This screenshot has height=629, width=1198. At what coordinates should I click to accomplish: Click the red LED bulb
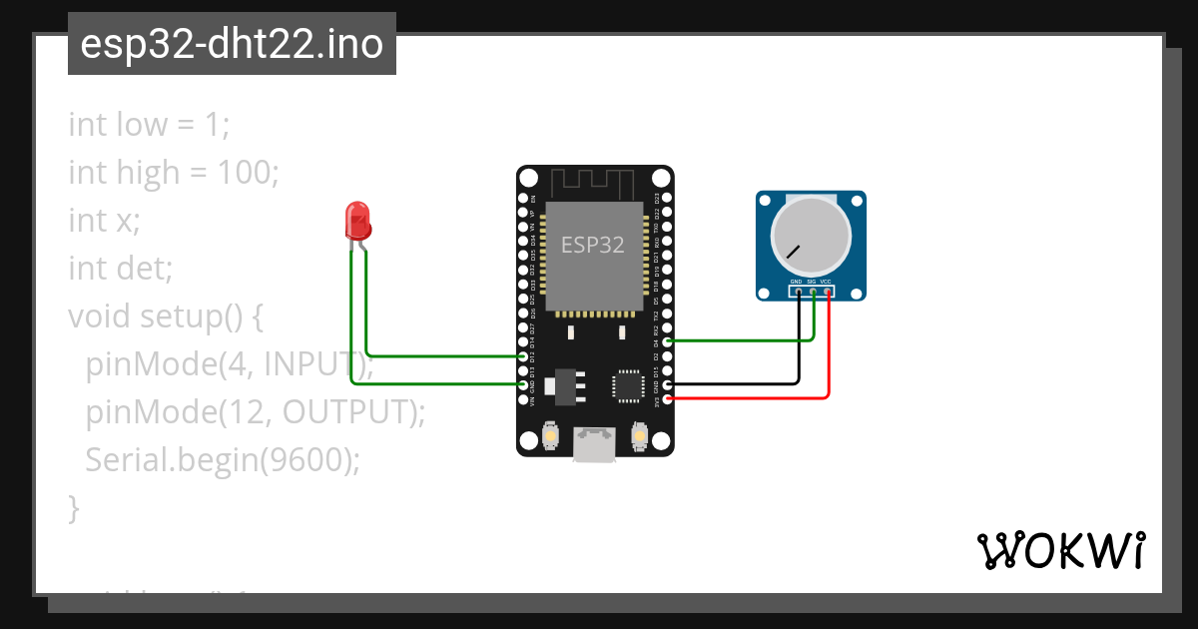click(x=357, y=220)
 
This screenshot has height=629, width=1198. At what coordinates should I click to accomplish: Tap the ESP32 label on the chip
click(x=593, y=245)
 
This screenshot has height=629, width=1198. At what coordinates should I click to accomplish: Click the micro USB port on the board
click(x=595, y=444)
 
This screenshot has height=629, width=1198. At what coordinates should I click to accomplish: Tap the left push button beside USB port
click(x=550, y=436)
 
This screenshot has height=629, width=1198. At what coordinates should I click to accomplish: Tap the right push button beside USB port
click(x=640, y=436)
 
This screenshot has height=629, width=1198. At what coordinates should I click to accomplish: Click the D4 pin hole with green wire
click(x=667, y=341)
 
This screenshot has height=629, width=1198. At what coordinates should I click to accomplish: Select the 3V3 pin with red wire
click(x=667, y=398)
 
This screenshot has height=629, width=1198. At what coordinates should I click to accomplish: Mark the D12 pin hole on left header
click(x=524, y=355)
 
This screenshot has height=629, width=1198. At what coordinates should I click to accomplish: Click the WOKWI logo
click(x=1060, y=550)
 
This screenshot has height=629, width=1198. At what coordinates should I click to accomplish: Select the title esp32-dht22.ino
click(x=232, y=44)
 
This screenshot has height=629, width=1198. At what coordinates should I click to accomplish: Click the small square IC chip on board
click(x=629, y=385)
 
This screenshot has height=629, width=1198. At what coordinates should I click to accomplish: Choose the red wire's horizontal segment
click(x=749, y=398)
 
